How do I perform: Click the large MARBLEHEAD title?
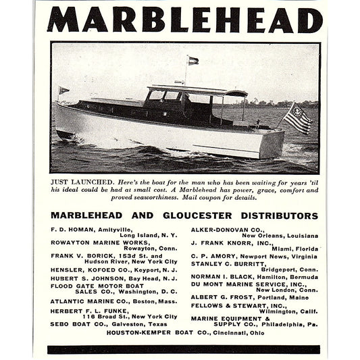184,20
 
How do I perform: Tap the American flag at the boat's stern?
298,118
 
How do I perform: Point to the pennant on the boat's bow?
63,90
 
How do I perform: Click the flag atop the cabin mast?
192,60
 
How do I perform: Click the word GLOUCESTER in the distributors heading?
205,216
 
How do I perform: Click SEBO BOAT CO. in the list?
75,324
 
